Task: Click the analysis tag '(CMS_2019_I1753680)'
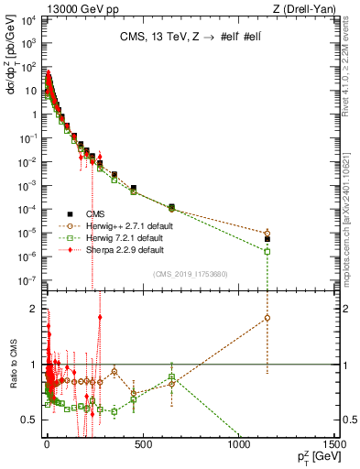point(190,273)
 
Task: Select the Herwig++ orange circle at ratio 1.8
point(267,318)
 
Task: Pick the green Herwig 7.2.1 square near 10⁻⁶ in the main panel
point(267,251)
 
